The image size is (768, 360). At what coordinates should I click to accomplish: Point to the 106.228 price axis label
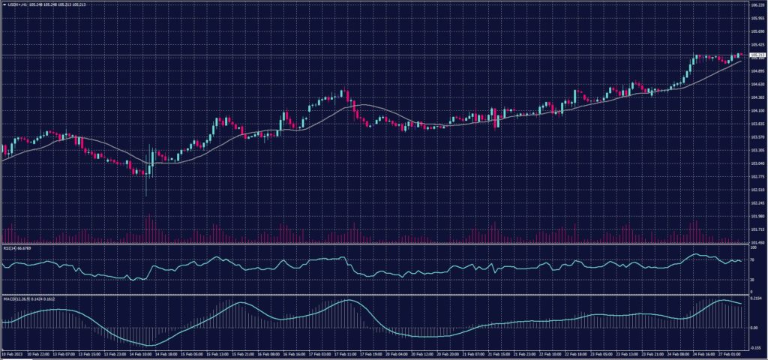pyautogui.click(x=757, y=5)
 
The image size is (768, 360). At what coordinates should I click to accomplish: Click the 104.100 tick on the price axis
pyautogui.click(x=757, y=111)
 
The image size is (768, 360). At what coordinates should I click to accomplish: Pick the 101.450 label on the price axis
pyautogui.click(x=757, y=242)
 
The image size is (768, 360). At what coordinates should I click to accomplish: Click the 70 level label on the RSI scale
pyautogui.click(x=751, y=259)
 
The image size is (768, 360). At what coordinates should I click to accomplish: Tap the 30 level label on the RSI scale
pyautogui.click(x=751, y=280)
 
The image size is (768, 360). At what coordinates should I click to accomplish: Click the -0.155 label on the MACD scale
pyautogui.click(x=757, y=347)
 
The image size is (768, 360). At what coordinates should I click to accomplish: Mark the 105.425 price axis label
pyautogui.click(x=757, y=44)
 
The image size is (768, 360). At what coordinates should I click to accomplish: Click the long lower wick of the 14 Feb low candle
pyautogui.click(x=145, y=187)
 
